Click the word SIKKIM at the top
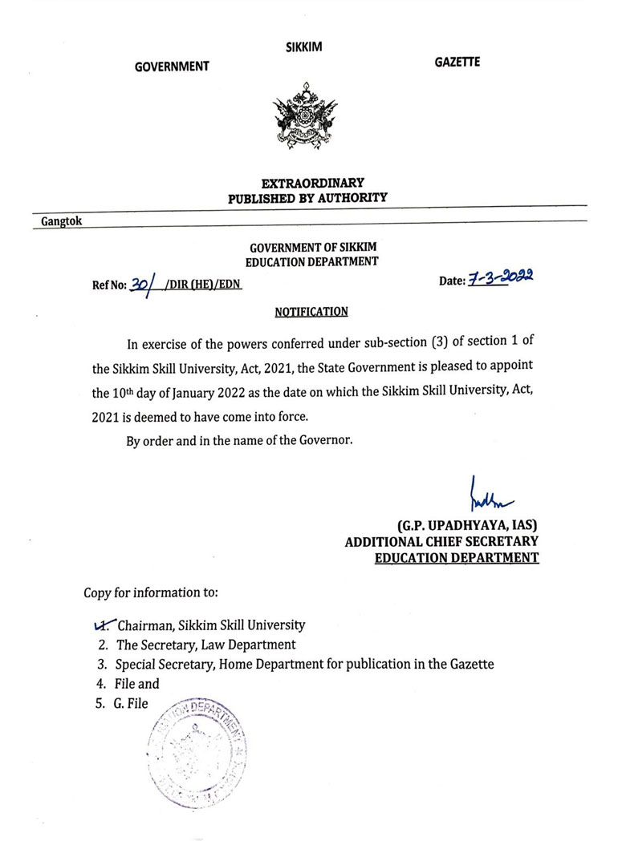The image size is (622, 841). (303, 47)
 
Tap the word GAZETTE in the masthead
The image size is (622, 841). (457, 62)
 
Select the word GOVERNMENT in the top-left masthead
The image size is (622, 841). (172, 67)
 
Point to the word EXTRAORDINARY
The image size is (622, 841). (307, 183)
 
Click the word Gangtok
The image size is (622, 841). (62, 220)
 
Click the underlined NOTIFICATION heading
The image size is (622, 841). (311, 311)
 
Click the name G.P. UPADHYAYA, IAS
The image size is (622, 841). (466, 526)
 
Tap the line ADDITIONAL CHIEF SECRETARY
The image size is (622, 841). (441, 542)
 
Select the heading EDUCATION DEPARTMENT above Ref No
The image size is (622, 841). (311, 261)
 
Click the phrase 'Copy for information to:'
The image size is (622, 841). (150, 593)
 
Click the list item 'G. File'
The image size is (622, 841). (132, 704)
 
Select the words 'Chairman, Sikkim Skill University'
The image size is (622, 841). (211, 624)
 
